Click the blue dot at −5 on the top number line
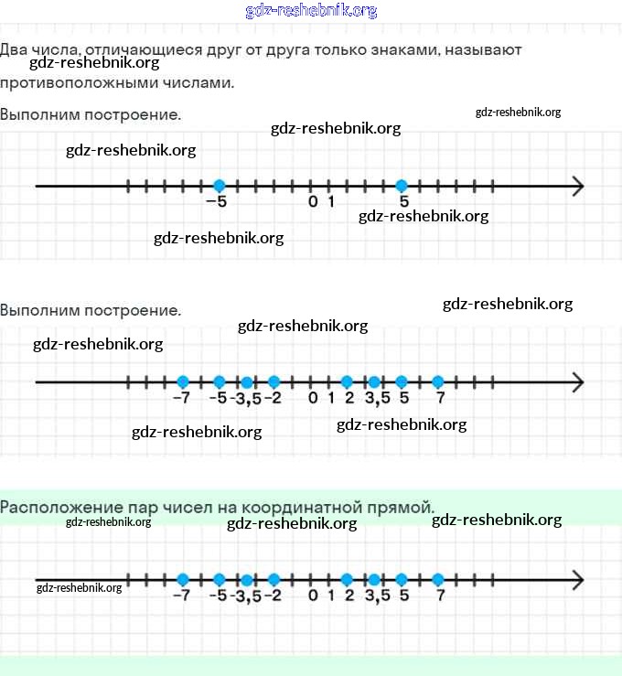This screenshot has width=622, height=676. click(219, 186)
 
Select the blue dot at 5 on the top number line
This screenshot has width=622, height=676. click(402, 186)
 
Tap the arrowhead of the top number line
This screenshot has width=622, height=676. click(578, 187)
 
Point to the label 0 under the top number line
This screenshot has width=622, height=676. click(313, 202)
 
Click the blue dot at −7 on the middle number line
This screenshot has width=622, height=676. click(182, 381)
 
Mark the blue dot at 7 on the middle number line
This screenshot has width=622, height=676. click(438, 381)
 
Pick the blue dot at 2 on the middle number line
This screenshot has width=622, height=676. click(347, 381)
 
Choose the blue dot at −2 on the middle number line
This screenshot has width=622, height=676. click(273, 381)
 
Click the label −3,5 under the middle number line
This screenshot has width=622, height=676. click(245, 398)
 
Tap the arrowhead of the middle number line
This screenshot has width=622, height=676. click(578, 381)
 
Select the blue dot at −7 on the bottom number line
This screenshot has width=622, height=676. click(182, 579)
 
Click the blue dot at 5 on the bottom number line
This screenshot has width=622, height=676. click(402, 579)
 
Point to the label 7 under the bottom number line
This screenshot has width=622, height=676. click(441, 596)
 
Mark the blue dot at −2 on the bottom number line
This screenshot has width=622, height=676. click(273, 579)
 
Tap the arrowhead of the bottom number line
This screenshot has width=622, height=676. click(578, 580)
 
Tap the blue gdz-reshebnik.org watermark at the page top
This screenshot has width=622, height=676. click(311, 11)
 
